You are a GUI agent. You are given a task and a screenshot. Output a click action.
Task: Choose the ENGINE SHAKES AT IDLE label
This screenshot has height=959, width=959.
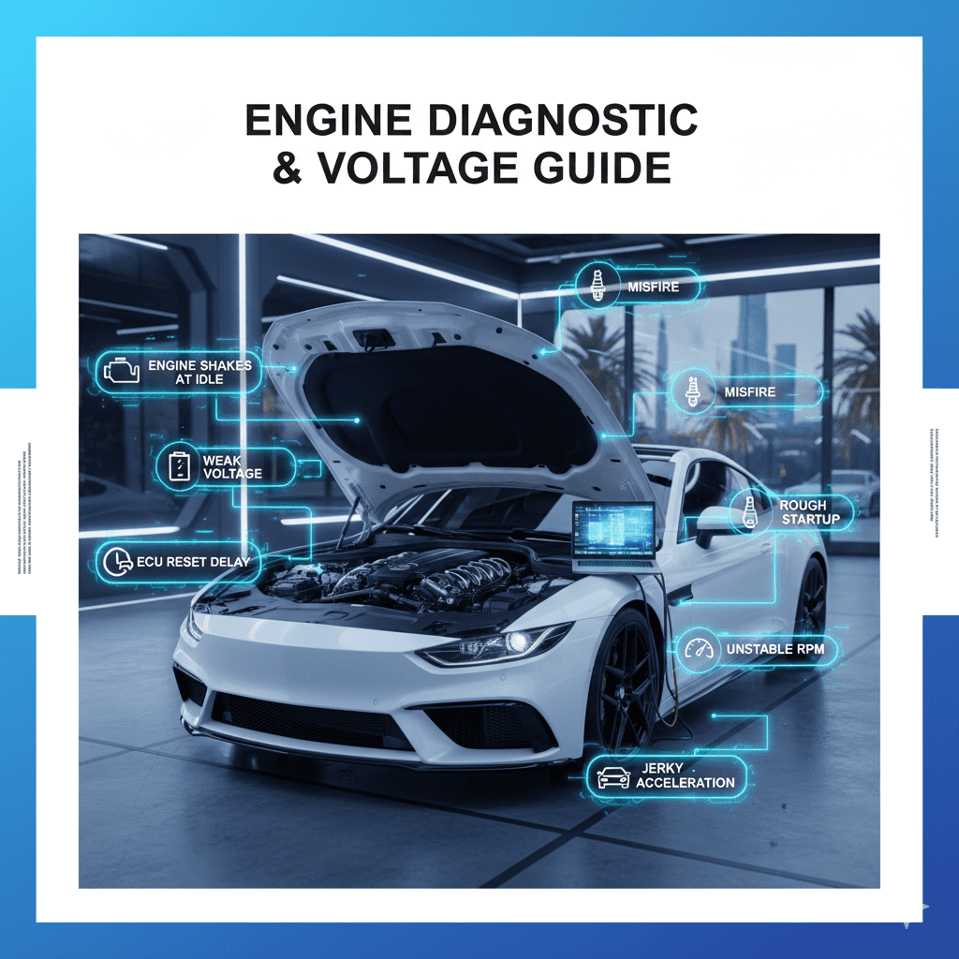point(199,372)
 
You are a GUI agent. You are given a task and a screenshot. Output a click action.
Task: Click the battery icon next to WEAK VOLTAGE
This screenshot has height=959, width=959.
point(179,466)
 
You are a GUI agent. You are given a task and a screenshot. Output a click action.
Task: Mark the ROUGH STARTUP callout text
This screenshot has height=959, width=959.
point(803,512)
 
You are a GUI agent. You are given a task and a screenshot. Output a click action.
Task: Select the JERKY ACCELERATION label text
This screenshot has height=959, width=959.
point(686,776)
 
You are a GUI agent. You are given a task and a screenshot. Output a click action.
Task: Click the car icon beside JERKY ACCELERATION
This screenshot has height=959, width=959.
point(613,776)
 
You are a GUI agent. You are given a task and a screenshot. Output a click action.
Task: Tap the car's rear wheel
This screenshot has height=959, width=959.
point(811,605)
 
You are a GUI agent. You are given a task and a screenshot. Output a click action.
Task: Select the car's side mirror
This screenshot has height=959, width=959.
point(710,521)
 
